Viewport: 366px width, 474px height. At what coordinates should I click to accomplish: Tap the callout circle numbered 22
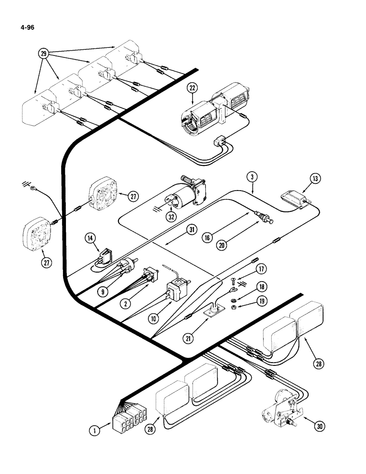pos(192,88)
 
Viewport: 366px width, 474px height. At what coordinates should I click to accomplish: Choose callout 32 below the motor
pos(171,218)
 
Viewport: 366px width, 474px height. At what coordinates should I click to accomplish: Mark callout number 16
pos(207,238)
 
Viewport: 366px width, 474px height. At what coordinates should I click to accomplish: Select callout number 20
pos(221,245)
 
